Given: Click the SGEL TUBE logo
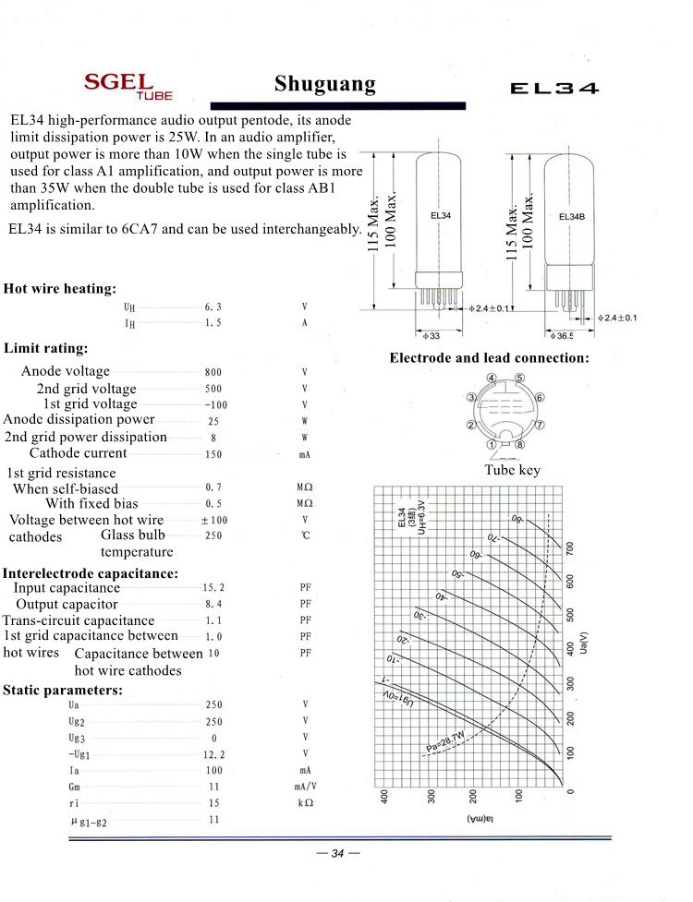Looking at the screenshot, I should tap(128, 86).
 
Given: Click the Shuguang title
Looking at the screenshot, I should tap(325, 85).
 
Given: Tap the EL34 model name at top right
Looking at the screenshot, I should tap(554, 90).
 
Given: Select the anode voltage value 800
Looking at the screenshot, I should tap(213, 372).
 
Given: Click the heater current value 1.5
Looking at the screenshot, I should tap(213, 323).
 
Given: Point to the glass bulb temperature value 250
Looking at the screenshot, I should tap(213, 535).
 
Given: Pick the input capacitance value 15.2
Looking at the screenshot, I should tap(213, 587).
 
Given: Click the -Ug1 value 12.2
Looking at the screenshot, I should tap(213, 754).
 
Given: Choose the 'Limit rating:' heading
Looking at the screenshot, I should tap(46, 349).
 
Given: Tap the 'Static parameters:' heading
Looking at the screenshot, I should tap(63, 690).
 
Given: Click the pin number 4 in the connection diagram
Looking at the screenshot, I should tap(492, 379).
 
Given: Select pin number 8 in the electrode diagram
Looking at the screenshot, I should tap(520, 444).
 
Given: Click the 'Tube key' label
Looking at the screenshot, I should tap(513, 470).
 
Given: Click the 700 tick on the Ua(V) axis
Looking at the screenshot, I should tap(570, 548).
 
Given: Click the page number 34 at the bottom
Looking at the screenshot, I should tap(337, 853).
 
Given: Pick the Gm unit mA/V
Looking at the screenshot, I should tap(305, 787).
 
